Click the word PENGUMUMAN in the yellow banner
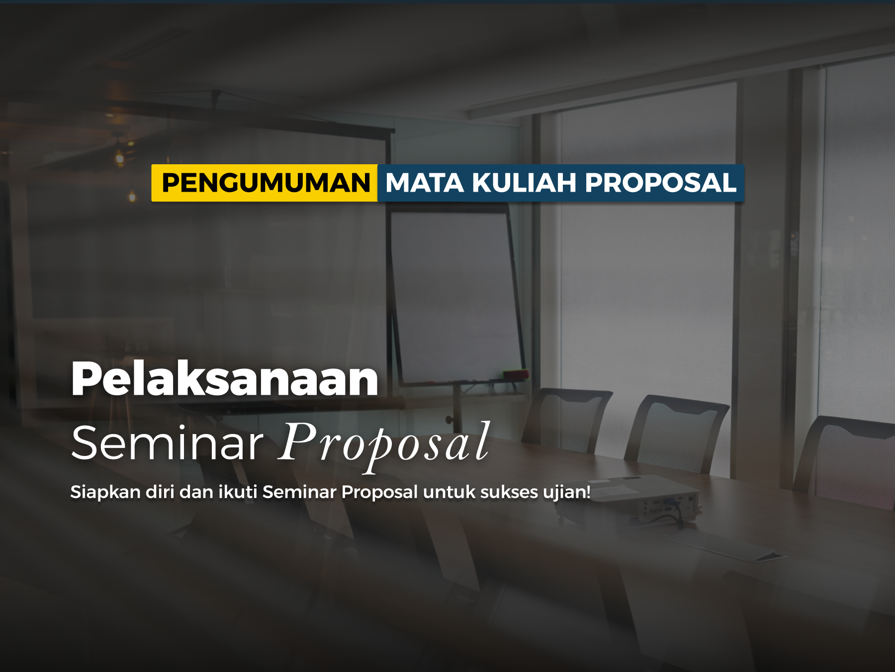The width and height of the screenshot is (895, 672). click(x=266, y=183)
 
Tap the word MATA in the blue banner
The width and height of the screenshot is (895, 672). click(x=425, y=183)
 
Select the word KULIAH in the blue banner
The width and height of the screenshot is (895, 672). click(x=524, y=183)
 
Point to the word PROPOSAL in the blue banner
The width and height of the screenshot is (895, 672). click(x=660, y=183)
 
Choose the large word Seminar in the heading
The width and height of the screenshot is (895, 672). click(x=167, y=443)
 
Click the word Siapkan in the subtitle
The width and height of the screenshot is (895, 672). click(x=105, y=492)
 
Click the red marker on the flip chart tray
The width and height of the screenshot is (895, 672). click(x=516, y=374)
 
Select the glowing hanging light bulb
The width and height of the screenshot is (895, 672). click(x=119, y=158)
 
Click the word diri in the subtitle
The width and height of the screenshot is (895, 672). click(x=160, y=492)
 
